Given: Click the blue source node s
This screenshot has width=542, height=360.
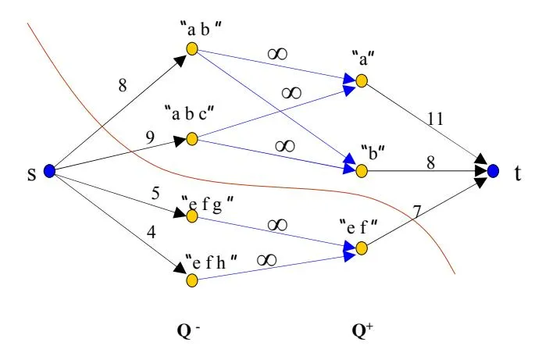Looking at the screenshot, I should point(48,171).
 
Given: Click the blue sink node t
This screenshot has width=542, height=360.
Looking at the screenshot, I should point(492,170).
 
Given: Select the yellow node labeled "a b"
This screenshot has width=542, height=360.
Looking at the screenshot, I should point(192,49).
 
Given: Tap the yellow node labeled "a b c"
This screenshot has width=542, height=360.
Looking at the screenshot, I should point(192,140).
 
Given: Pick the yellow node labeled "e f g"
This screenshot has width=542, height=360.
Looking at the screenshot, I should point(192,212).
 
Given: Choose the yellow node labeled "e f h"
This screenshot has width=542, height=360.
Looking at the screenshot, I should point(192,278).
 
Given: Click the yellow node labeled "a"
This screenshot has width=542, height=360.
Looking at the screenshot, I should point(362,80).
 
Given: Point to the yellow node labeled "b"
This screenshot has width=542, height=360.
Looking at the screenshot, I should point(362,169).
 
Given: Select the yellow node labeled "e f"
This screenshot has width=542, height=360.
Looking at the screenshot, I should point(362,248).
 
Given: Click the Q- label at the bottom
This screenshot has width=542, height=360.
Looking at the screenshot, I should point(187,329).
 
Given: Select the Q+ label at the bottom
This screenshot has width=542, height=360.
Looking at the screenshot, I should point(362,329).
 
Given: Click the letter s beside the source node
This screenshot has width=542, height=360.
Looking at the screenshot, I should point(32,171).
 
